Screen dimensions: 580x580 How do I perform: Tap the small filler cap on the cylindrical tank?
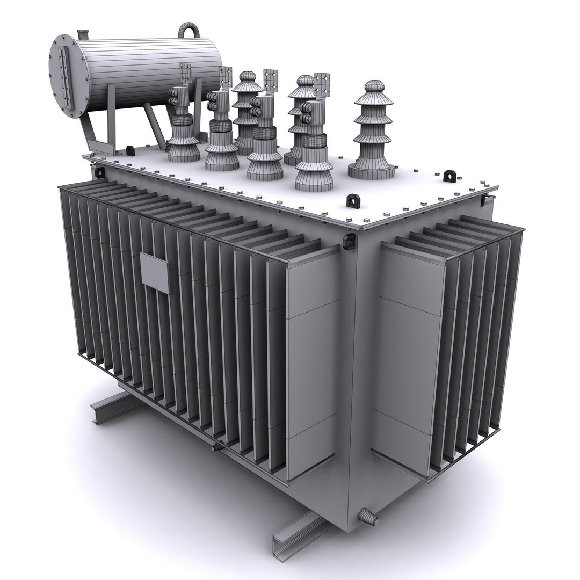tap(83, 34)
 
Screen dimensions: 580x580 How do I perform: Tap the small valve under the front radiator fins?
tap(216, 446)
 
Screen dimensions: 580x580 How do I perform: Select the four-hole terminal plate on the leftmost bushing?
tap(185, 74)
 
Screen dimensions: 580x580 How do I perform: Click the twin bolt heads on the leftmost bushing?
tap(175, 101)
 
